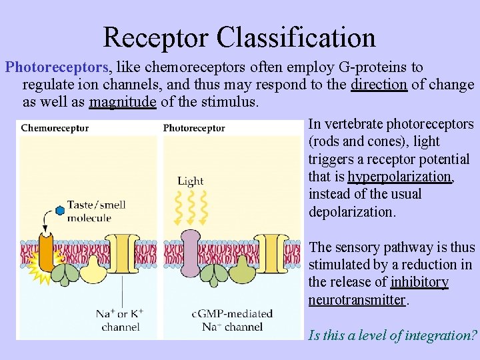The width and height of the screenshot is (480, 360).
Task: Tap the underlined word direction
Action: (x=379, y=85)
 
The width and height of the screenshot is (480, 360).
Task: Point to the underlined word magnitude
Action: (x=123, y=102)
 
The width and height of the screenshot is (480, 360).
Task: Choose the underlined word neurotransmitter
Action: (x=356, y=300)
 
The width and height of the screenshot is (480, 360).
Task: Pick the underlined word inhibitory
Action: (x=419, y=283)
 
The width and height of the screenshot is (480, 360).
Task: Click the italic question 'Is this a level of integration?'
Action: (x=391, y=335)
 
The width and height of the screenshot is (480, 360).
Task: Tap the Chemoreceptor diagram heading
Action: (x=55, y=128)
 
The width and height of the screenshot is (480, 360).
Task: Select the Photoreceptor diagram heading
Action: (x=193, y=128)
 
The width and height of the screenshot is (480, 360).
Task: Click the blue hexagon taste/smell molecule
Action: (x=60, y=211)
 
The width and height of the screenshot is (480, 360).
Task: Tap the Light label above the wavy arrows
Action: (x=191, y=181)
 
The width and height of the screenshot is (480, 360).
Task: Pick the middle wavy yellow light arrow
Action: (x=191, y=207)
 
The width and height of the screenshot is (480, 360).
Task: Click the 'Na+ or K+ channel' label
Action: (x=120, y=320)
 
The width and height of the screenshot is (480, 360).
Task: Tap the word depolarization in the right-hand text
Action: (x=351, y=213)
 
